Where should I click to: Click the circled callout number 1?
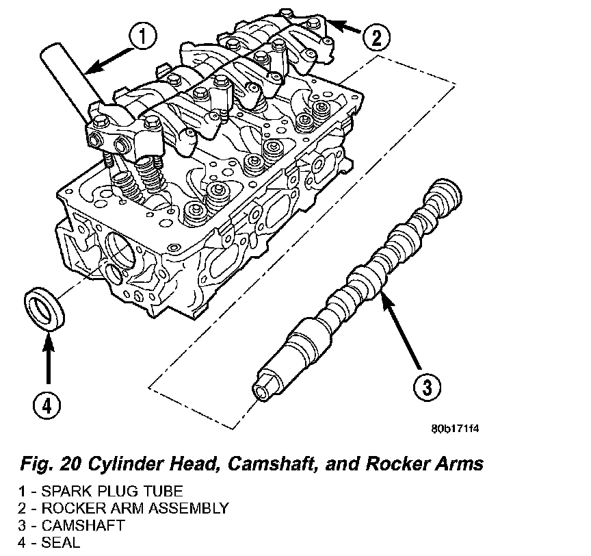pos(140,37)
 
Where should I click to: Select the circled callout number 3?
pos(426,388)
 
